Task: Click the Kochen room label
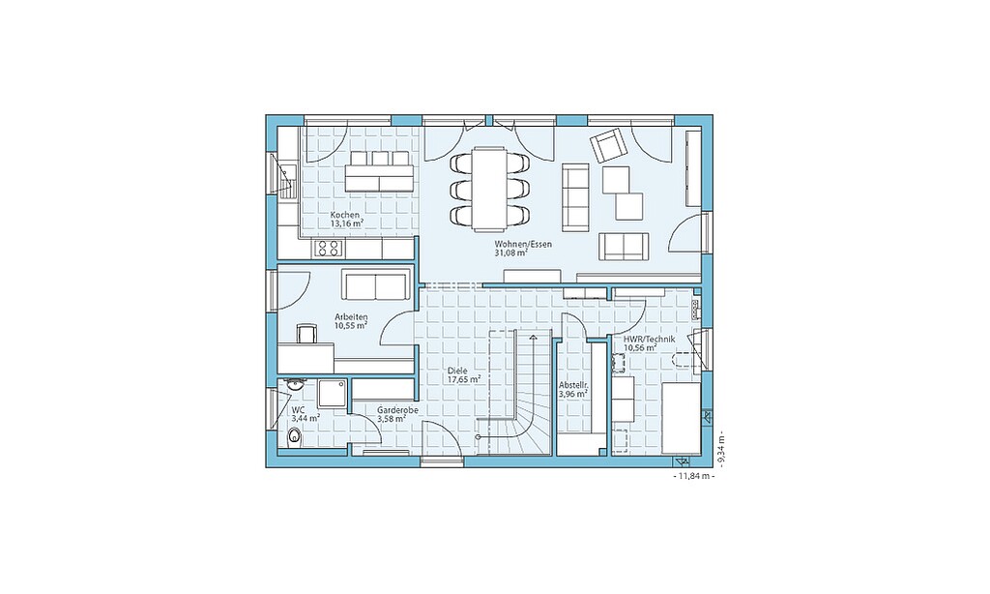(x=345, y=215)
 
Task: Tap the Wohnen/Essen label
(x=514, y=244)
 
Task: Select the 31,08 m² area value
(x=510, y=252)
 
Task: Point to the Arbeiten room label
(x=351, y=317)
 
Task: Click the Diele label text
(x=456, y=371)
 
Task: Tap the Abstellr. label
(x=574, y=385)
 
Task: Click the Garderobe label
(x=397, y=410)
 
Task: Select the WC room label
(x=298, y=409)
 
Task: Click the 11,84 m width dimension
(x=694, y=477)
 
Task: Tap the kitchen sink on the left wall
(x=288, y=181)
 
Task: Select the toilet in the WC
(x=294, y=435)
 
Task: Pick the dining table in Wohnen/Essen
(x=490, y=189)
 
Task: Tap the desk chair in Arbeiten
(x=306, y=333)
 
